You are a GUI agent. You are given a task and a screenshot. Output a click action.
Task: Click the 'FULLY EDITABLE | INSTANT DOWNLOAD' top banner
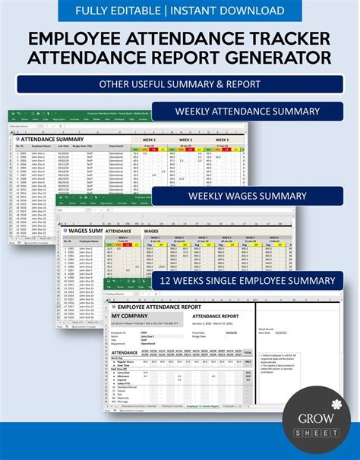(x=180, y=11)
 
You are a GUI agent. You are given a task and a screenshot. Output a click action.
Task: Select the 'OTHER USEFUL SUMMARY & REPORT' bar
(x=180, y=83)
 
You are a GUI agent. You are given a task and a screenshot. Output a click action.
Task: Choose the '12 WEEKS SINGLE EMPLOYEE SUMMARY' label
(x=248, y=280)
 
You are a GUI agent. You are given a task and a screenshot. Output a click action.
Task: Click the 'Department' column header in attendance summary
(x=115, y=147)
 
